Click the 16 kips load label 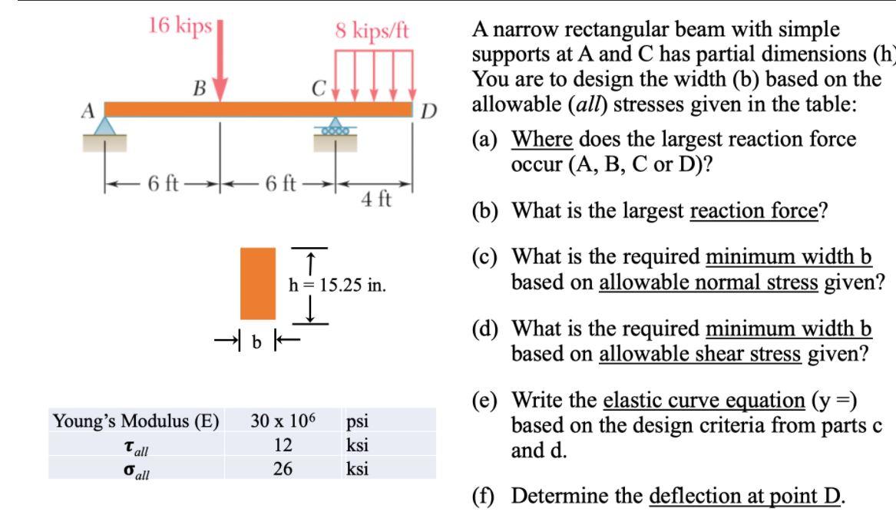point(180,25)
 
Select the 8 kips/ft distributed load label point(372,31)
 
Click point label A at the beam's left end point(88,110)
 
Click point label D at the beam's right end point(428,113)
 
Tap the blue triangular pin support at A point(105,127)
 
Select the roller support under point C point(335,128)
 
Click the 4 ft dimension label point(376,200)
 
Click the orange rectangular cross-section point(258,282)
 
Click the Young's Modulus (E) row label point(135,421)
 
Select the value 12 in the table point(283,444)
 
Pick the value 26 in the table point(283,467)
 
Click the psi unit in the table point(359,421)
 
